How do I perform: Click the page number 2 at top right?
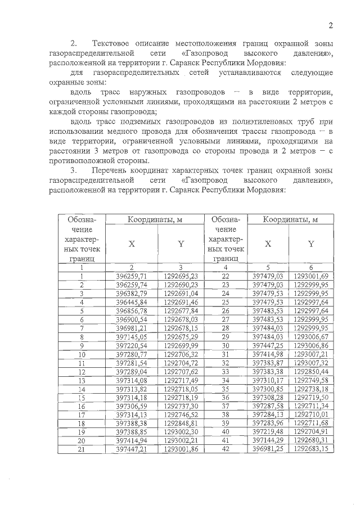point(331,25)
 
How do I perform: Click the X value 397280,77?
point(131,354)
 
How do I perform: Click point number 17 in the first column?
point(82,415)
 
